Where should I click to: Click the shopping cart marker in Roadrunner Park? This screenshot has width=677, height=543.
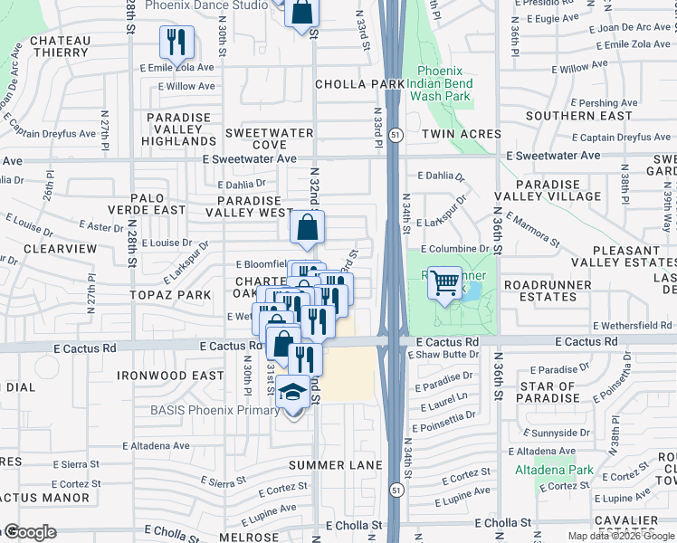point(444,285)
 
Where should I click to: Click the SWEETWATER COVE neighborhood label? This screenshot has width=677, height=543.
point(269,138)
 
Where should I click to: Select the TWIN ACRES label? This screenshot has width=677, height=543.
point(460,134)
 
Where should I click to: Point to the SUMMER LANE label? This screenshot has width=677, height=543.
point(330,465)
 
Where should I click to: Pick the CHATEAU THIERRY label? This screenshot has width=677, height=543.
point(61,46)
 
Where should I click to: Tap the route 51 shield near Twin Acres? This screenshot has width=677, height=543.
point(396,134)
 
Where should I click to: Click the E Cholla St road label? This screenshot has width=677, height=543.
point(504,523)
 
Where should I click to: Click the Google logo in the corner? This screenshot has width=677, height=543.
point(30,532)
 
